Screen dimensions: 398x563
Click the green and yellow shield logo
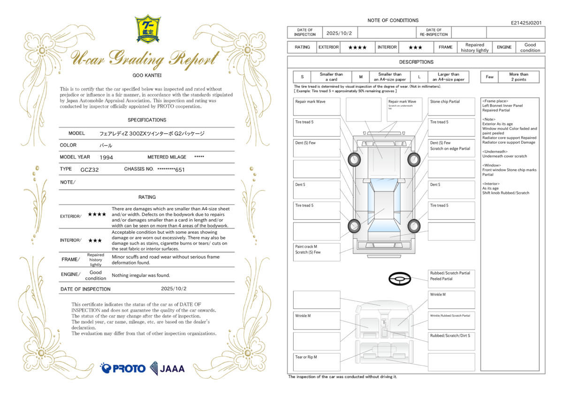[148, 29]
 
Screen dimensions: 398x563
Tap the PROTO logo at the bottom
[123, 368]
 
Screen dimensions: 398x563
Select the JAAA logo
[167, 368]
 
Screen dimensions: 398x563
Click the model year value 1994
[107, 158]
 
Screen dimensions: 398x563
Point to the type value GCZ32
[90, 169]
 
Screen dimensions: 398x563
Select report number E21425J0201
[526, 23]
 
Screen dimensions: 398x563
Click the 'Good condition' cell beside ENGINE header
[530, 47]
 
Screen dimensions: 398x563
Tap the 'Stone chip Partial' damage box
[451, 107]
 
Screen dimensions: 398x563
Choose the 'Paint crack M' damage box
[317, 252]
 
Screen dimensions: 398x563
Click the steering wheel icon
[400, 279]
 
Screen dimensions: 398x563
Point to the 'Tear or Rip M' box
[317, 362]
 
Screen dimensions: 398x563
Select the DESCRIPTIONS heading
[416, 62]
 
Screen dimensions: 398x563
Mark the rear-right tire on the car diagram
[413, 226]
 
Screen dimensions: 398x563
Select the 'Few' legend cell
[489, 77]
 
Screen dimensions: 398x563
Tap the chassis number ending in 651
[171, 169]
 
